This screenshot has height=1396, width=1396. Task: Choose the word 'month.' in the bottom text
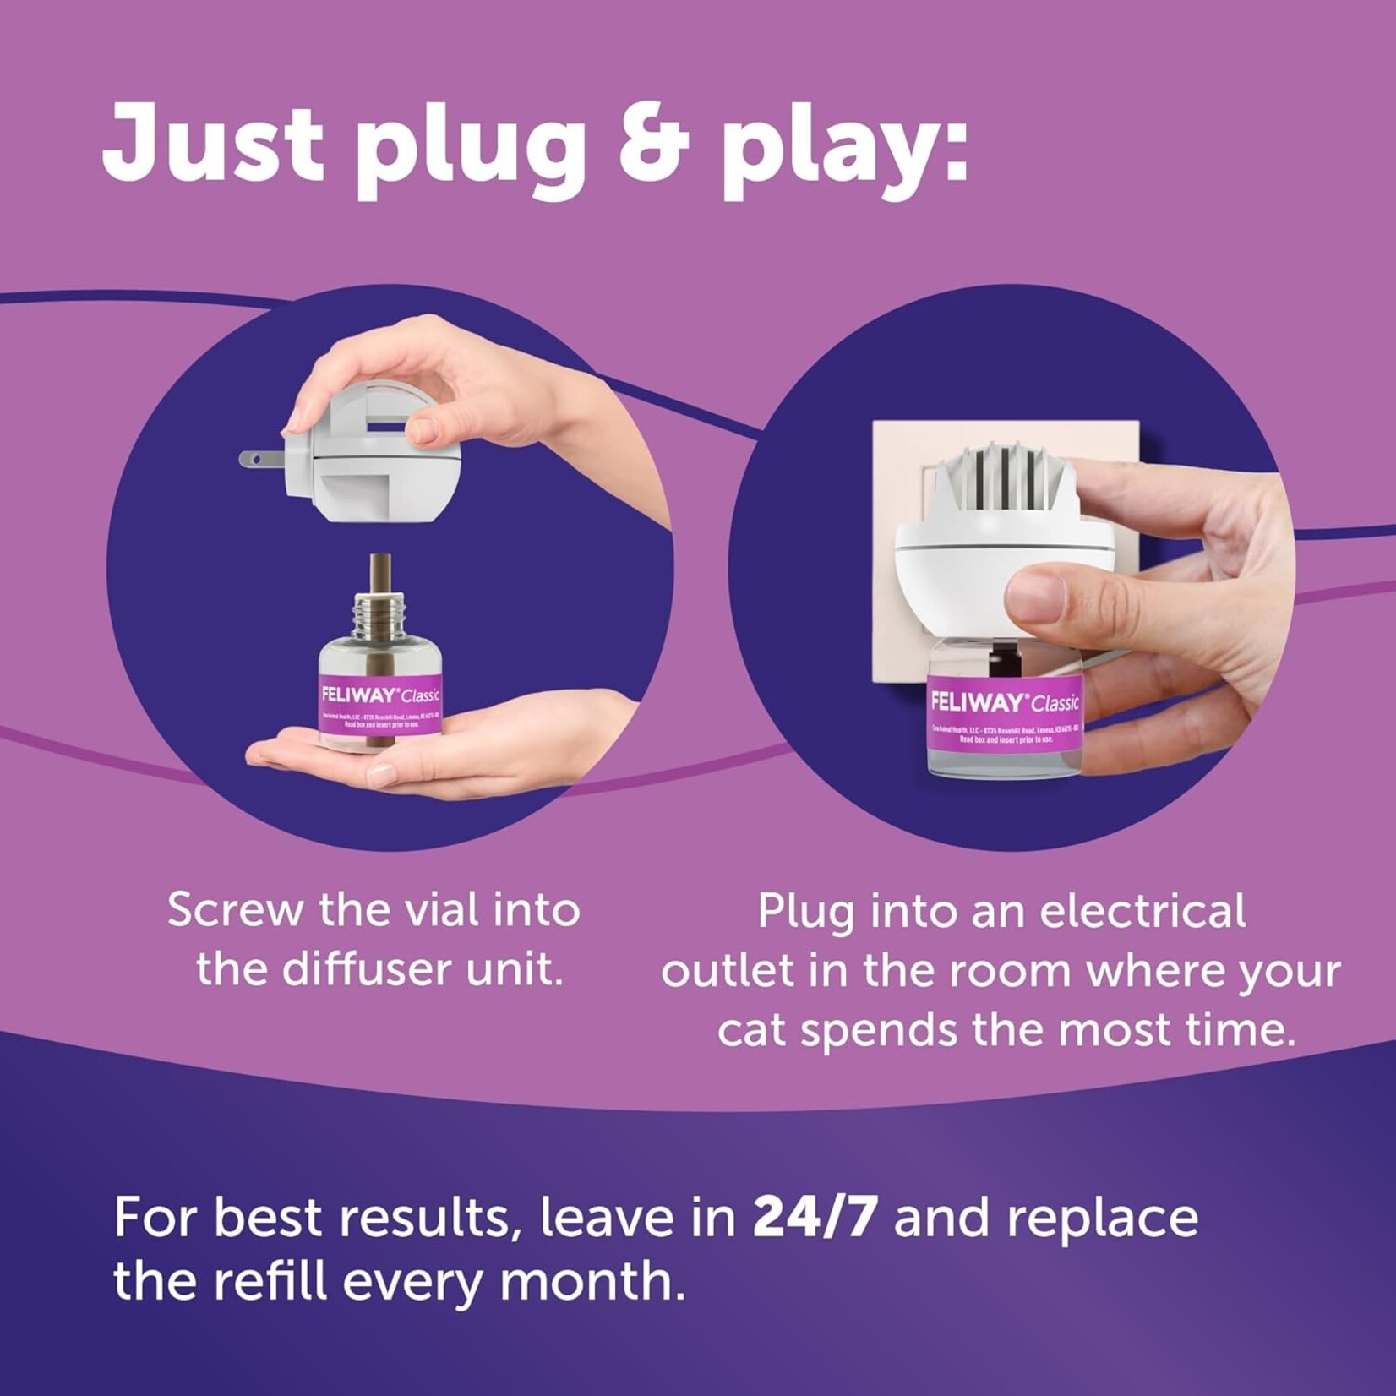[x=592, y=1282]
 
